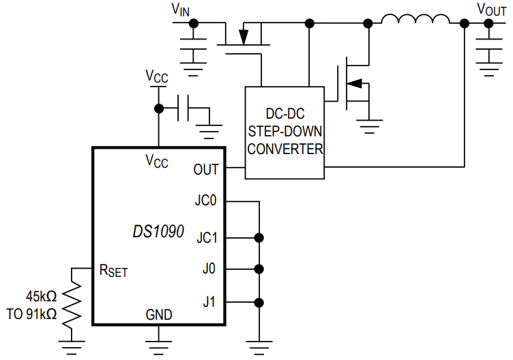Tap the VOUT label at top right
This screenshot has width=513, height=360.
[491, 9]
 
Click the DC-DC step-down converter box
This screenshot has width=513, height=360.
[284, 132]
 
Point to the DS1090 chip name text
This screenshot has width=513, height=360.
[158, 232]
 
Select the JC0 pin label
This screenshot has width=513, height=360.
[205, 201]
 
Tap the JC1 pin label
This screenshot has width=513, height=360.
[206, 238]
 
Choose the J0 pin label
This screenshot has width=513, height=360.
[209, 269]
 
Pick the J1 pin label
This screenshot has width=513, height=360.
[209, 301]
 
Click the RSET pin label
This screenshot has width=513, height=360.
[113, 271]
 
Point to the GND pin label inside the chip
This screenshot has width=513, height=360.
[158, 314]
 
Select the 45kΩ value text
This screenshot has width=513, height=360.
[41, 297]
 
